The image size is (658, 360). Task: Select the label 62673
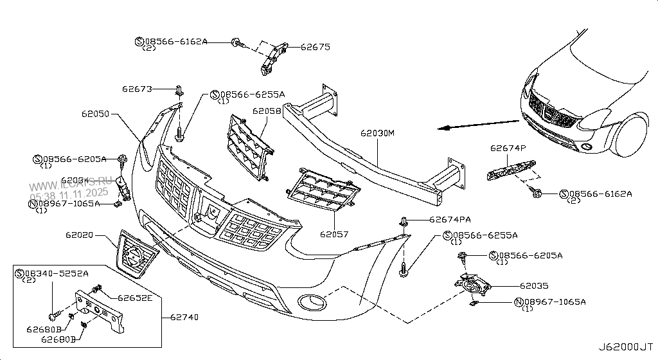point(136,89)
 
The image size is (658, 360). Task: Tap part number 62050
point(96,114)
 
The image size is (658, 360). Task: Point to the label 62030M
point(377,134)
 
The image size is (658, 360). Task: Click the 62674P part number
point(508,148)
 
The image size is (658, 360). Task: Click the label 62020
point(80,237)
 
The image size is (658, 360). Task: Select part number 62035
point(534,285)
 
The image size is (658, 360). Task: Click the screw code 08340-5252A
point(55,273)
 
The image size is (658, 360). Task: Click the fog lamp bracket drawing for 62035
point(472,287)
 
